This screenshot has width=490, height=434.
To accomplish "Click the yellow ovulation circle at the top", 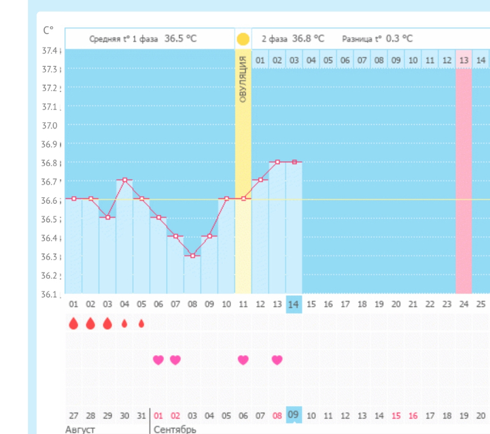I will pos(243,39).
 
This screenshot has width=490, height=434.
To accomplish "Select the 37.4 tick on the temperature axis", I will pos(50,50).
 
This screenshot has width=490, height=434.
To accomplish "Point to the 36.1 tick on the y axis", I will pos(50,295).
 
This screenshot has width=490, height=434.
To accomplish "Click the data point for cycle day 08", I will pos(193,255).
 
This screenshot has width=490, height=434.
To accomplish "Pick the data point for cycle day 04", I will pos(125,180).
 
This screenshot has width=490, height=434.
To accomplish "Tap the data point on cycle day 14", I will pos(294,162).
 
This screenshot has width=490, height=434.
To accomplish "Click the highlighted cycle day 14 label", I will pos(294,305).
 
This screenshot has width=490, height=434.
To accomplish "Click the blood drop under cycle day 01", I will pos(74,324).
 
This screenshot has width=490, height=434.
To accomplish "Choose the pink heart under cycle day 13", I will pos(277,360).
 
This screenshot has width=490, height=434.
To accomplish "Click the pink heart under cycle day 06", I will pos(158,360).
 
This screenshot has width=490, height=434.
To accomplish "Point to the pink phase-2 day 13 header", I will pos(464,60).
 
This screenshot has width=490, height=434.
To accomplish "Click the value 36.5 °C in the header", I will pos(181,39).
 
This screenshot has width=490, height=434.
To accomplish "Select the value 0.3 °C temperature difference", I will pos(398,39).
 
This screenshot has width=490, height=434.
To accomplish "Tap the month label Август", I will pos(80,430).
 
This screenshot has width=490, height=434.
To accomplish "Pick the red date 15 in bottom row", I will pos(396,416).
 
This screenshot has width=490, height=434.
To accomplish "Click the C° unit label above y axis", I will pos(48,30).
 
